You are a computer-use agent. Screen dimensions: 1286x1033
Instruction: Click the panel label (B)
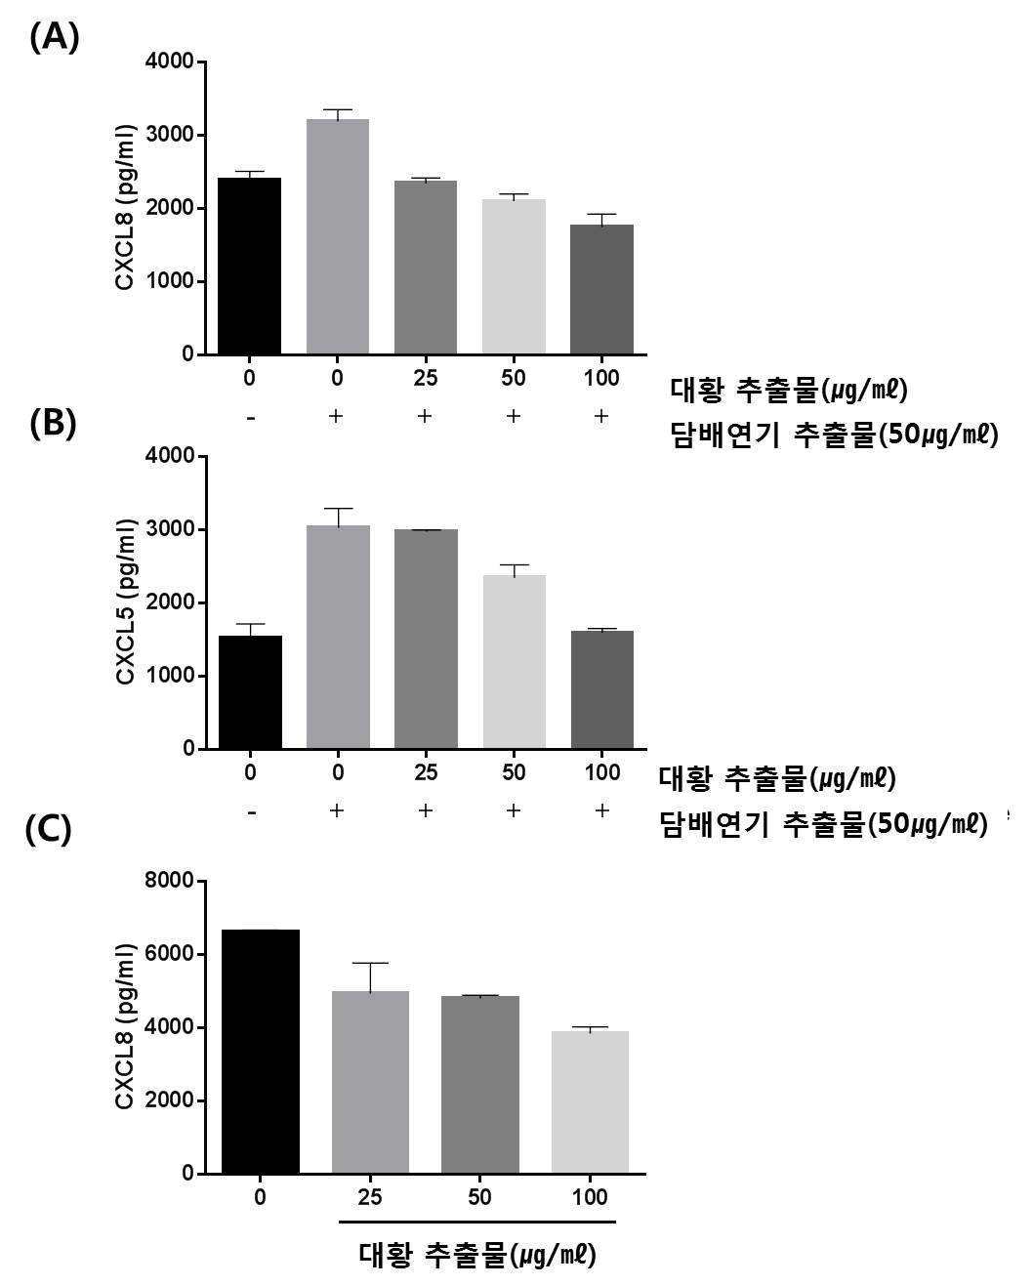coord(54,423)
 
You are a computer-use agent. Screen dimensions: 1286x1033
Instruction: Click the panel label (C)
coord(48,829)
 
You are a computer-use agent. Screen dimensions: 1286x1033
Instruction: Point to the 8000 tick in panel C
coord(174,881)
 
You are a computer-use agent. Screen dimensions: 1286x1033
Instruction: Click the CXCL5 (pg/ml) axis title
coord(125,602)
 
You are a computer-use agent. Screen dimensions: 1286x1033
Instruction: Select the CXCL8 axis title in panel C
coord(125,1026)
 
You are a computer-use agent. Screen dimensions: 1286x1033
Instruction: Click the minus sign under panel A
coord(251,417)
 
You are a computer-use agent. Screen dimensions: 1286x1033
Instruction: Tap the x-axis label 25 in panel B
coord(426,772)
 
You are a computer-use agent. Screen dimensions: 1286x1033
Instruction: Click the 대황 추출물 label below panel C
coord(477,1254)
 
